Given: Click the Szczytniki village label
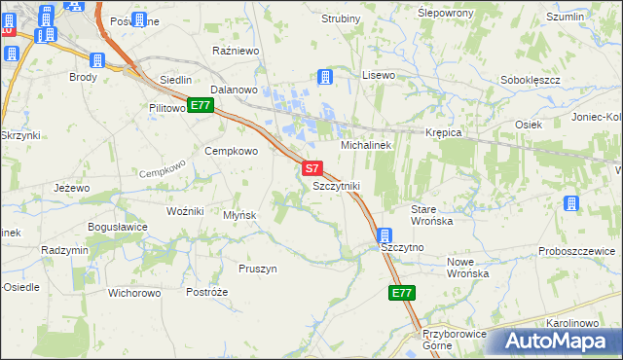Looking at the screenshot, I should (x=337, y=185).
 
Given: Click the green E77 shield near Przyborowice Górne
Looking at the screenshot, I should (x=402, y=292).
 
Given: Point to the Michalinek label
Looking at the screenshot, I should (x=365, y=144).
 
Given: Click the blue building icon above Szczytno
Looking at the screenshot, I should (x=385, y=235).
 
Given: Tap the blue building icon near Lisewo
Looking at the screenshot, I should (x=325, y=77).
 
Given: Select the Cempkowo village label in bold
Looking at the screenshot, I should (x=231, y=151).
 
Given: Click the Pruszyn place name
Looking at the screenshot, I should (x=258, y=268).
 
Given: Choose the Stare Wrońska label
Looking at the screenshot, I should (x=432, y=215).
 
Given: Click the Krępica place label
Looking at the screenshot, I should (x=441, y=131).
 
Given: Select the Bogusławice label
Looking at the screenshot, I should (x=117, y=227).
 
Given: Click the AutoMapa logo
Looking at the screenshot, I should (x=555, y=341).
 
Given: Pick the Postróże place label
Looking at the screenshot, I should (x=206, y=292).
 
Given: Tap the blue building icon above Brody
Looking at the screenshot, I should (x=95, y=59).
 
